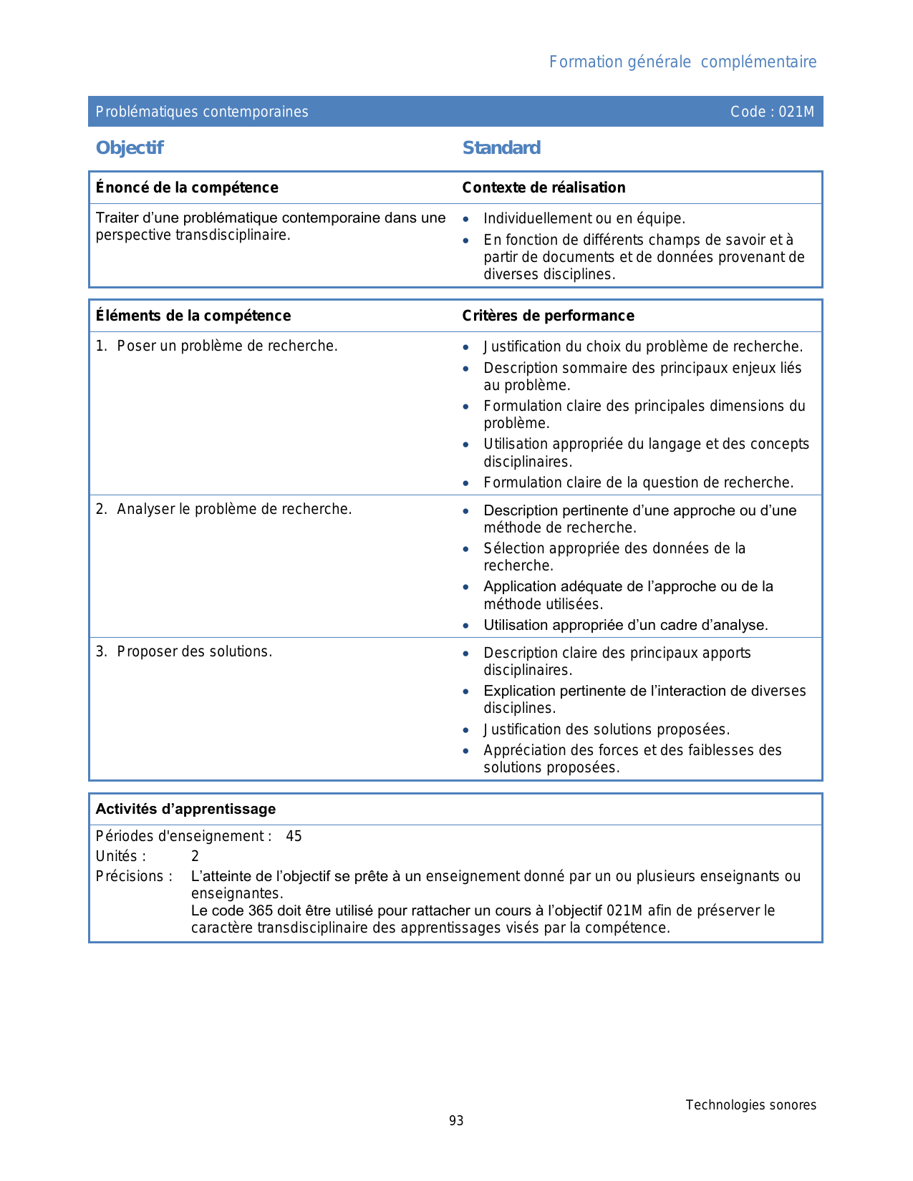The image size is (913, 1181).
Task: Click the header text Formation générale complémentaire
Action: tap(682, 62)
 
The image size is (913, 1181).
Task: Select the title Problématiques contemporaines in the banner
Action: tap(202, 112)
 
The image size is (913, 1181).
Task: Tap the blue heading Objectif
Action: tap(130, 148)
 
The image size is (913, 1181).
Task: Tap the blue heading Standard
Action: tap(501, 148)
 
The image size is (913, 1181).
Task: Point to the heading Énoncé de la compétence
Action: tap(187, 188)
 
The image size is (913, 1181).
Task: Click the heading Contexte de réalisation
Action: tap(544, 188)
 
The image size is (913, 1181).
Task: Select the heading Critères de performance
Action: tap(548, 316)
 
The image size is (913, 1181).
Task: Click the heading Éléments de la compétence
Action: tap(193, 316)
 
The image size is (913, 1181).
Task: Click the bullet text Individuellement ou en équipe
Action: tap(584, 219)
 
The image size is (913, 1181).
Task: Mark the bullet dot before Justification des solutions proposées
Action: tap(466, 731)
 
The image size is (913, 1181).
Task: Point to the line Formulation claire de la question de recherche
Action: tap(638, 483)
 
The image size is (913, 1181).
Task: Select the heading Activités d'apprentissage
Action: tap(185, 810)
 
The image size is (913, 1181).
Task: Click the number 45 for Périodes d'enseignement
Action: tap(294, 837)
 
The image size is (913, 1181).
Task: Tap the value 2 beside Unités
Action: tap(195, 857)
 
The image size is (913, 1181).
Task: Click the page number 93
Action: tap(456, 1121)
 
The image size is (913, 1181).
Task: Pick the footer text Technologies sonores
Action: tap(750, 1105)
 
